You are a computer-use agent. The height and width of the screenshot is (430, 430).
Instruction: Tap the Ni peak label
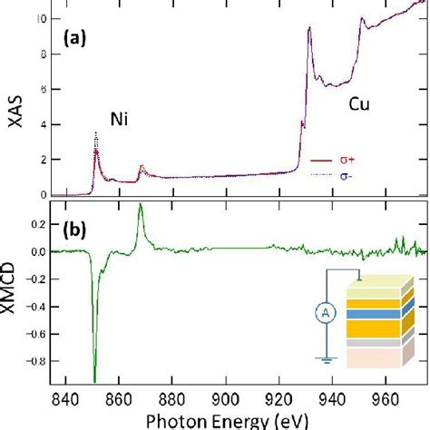coord(119,119)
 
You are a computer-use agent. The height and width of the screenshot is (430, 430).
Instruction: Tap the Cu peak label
coord(360,105)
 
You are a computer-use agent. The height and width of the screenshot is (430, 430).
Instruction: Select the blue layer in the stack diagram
coord(377,311)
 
